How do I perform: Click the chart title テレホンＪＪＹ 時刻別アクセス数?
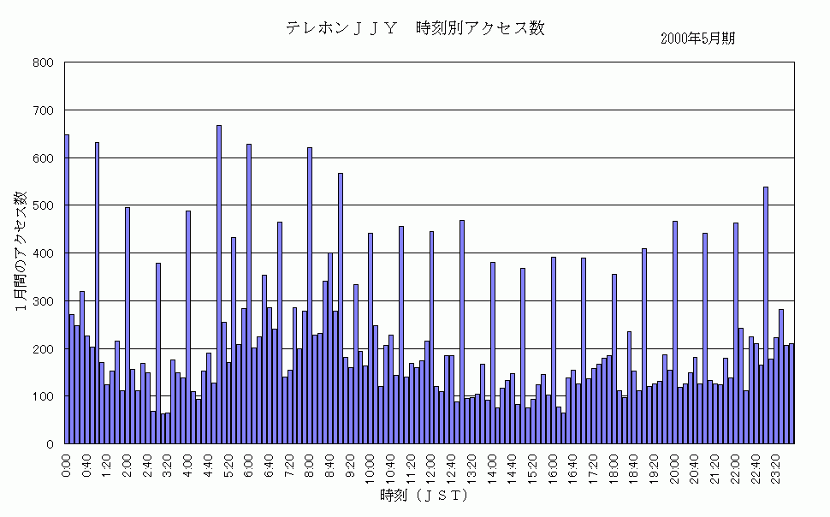(415, 27)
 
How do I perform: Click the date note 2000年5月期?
(698, 39)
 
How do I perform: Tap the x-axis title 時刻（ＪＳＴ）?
(424, 496)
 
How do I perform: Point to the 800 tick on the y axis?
(44, 63)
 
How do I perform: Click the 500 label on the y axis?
(44, 206)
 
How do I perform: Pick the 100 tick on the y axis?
(44, 397)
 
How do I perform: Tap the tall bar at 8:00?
(310, 295)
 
